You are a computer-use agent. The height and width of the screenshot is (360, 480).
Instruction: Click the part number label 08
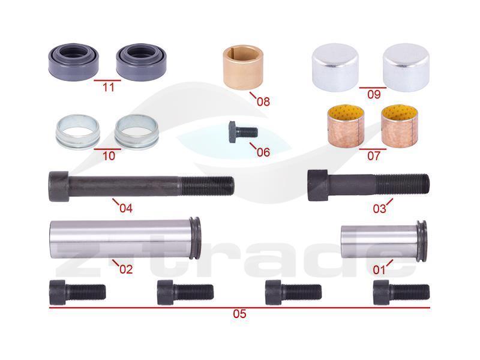click(263, 101)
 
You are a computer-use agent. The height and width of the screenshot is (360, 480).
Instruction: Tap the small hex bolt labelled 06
click(243, 131)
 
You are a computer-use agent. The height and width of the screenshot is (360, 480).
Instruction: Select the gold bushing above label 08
click(243, 67)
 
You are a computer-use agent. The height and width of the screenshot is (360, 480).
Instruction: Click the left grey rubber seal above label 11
click(74, 62)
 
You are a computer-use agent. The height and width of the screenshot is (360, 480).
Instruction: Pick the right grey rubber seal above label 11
click(141, 62)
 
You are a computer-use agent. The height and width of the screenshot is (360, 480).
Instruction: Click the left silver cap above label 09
click(335, 67)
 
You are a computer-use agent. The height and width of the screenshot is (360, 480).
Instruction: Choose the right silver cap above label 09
click(406, 67)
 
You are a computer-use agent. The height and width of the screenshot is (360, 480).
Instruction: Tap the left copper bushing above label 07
click(346, 125)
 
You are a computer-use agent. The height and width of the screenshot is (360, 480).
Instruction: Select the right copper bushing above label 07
click(400, 125)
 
